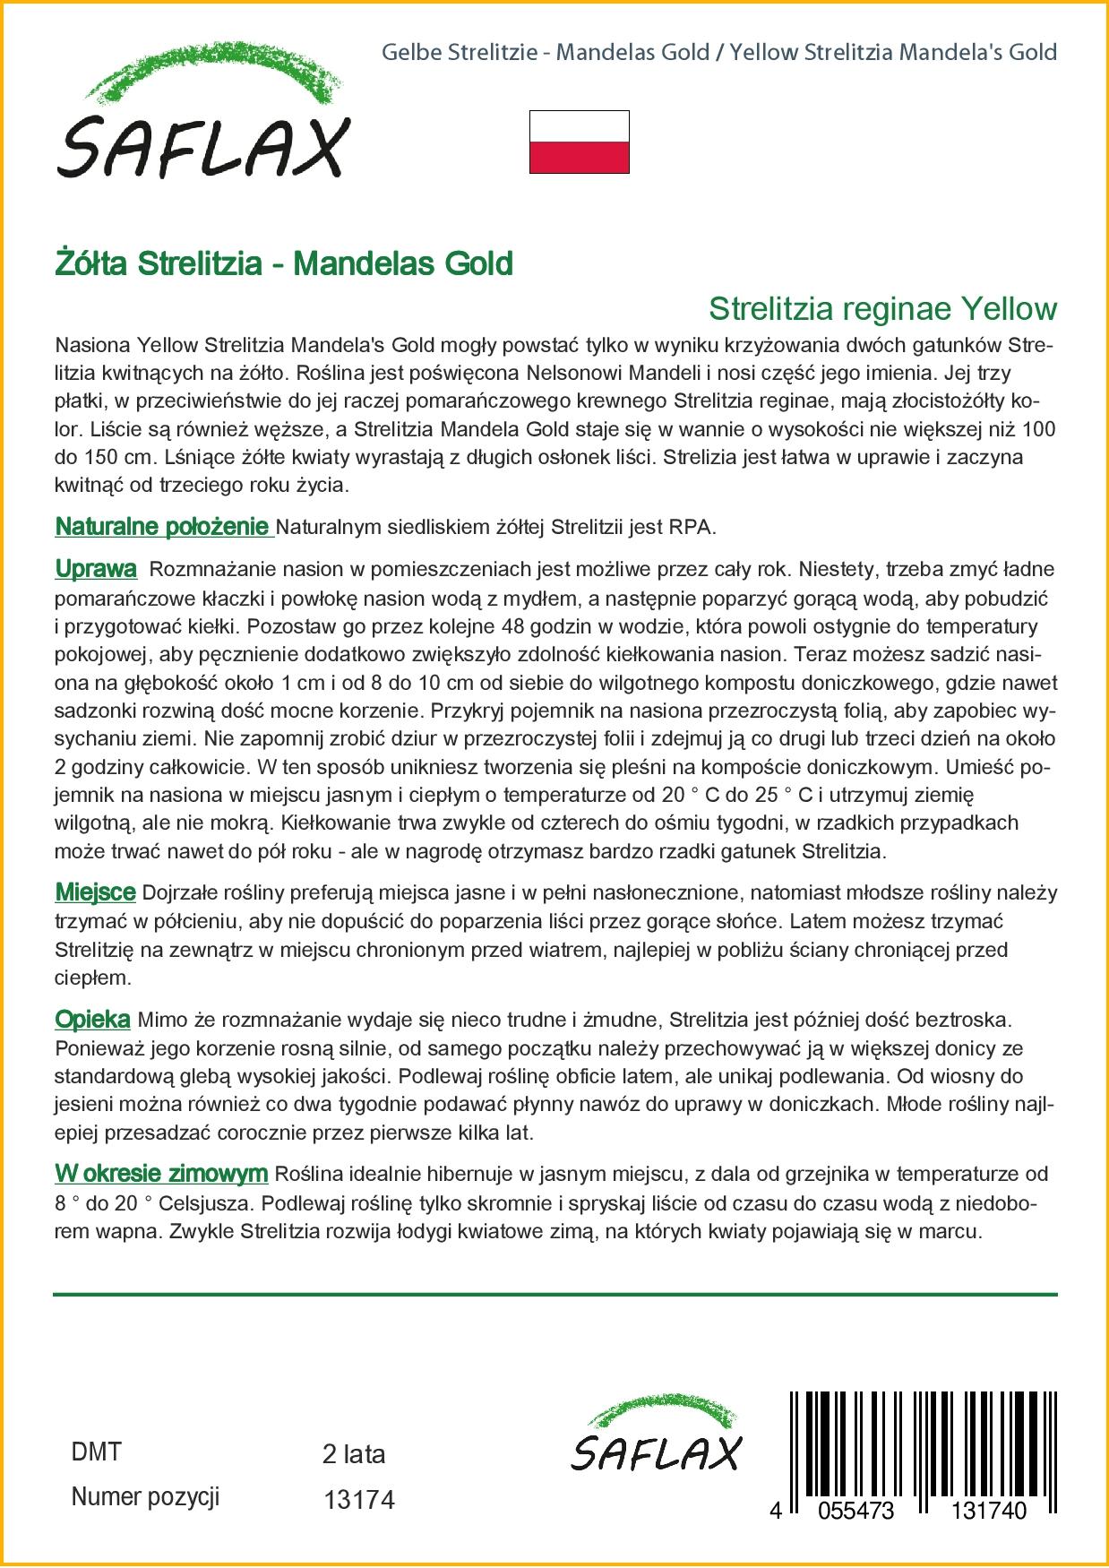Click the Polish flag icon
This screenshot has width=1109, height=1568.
click(x=579, y=142)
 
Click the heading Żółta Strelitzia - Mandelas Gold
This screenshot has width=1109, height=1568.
click(x=284, y=263)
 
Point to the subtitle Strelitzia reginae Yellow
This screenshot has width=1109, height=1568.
click(x=882, y=309)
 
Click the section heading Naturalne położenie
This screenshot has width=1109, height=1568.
click(x=162, y=527)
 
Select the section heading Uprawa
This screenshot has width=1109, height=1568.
click(x=96, y=569)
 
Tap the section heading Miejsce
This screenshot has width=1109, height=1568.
click(x=95, y=892)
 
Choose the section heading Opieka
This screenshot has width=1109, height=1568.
click(x=92, y=1020)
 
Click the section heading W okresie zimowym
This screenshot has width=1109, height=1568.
click(x=161, y=1174)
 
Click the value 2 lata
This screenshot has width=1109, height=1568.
click(x=354, y=1454)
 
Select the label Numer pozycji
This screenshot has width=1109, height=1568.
click(x=145, y=1496)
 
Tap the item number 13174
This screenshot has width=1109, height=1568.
click(x=358, y=1499)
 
